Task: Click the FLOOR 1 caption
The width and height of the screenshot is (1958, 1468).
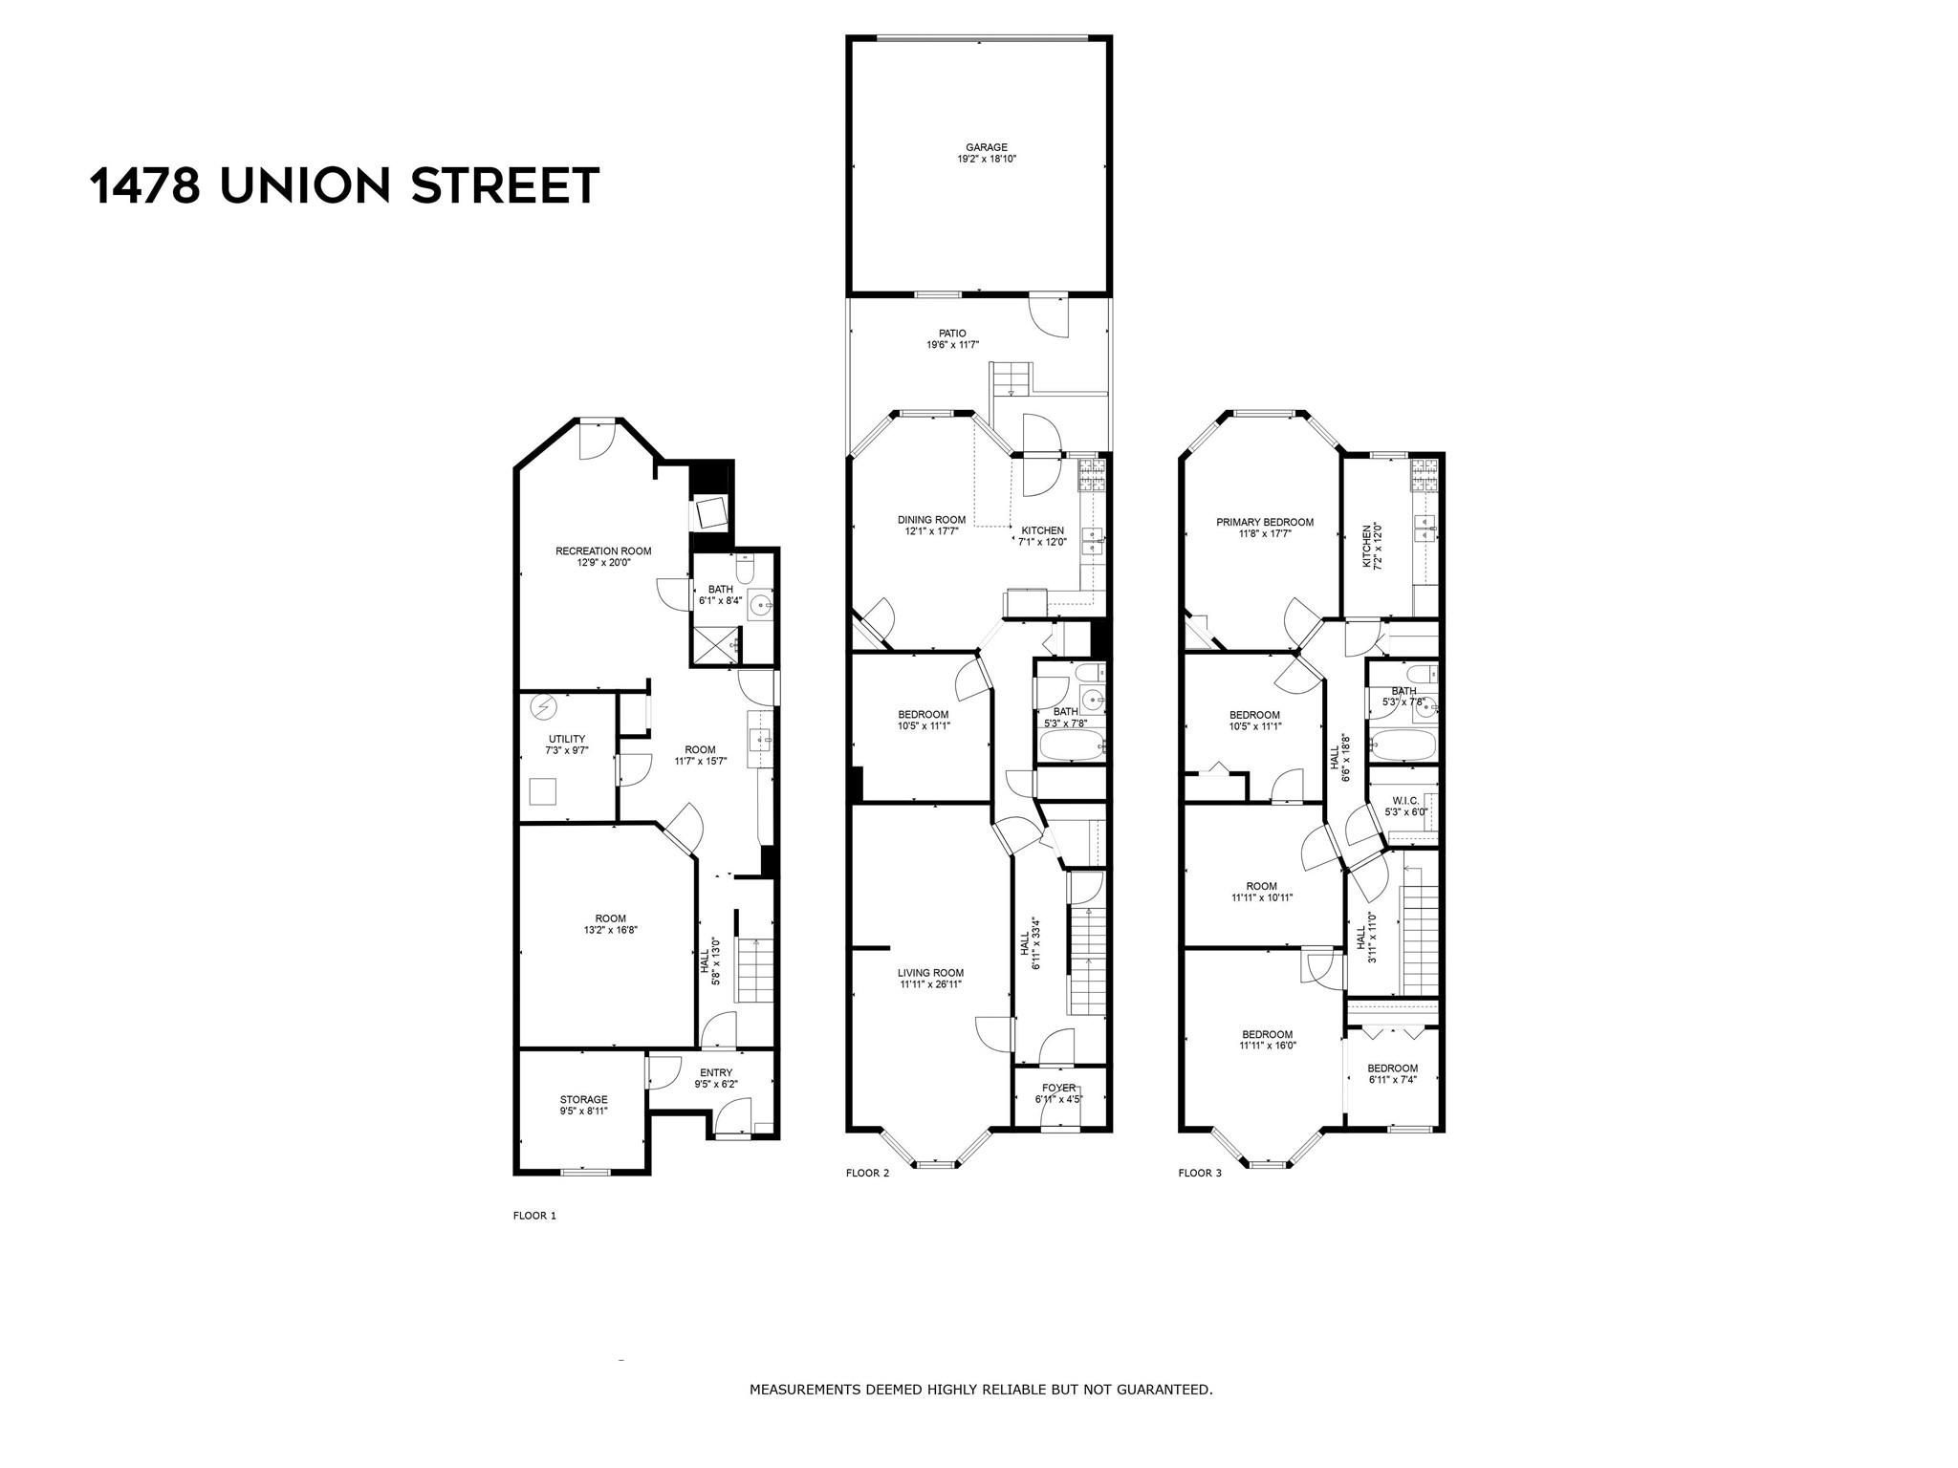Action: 534,1216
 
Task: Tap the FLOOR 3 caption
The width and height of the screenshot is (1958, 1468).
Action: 1200,1173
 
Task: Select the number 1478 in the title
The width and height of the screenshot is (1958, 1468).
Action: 144,185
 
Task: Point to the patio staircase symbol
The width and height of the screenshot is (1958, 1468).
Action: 1009,379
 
